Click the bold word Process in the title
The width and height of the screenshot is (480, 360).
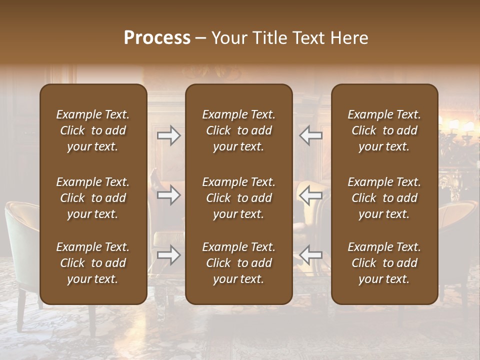tap(157, 38)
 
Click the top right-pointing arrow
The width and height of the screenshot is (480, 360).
tap(168, 135)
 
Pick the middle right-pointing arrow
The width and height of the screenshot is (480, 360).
tap(168, 195)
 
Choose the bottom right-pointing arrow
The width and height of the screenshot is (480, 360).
tap(168, 255)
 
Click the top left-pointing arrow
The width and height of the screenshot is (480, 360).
tap(310, 135)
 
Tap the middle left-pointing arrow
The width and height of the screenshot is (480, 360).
tap(310, 195)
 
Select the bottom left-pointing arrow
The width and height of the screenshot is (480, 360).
tap(310, 255)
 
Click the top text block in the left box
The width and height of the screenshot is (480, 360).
tap(93, 130)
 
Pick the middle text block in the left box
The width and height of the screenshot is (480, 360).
tap(93, 198)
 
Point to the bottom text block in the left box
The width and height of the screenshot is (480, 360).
tap(93, 263)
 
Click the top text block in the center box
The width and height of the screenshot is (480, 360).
tap(238, 130)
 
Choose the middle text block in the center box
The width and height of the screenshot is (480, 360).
tap(238, 198)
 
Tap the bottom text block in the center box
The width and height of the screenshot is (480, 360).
tap(238, 263)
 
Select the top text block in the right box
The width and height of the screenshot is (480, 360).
tap(384, 130)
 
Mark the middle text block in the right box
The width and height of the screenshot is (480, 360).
tap(384, 198)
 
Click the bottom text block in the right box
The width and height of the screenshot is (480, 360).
tap(384, 263)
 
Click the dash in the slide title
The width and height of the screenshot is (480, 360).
tap(200, 38)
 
